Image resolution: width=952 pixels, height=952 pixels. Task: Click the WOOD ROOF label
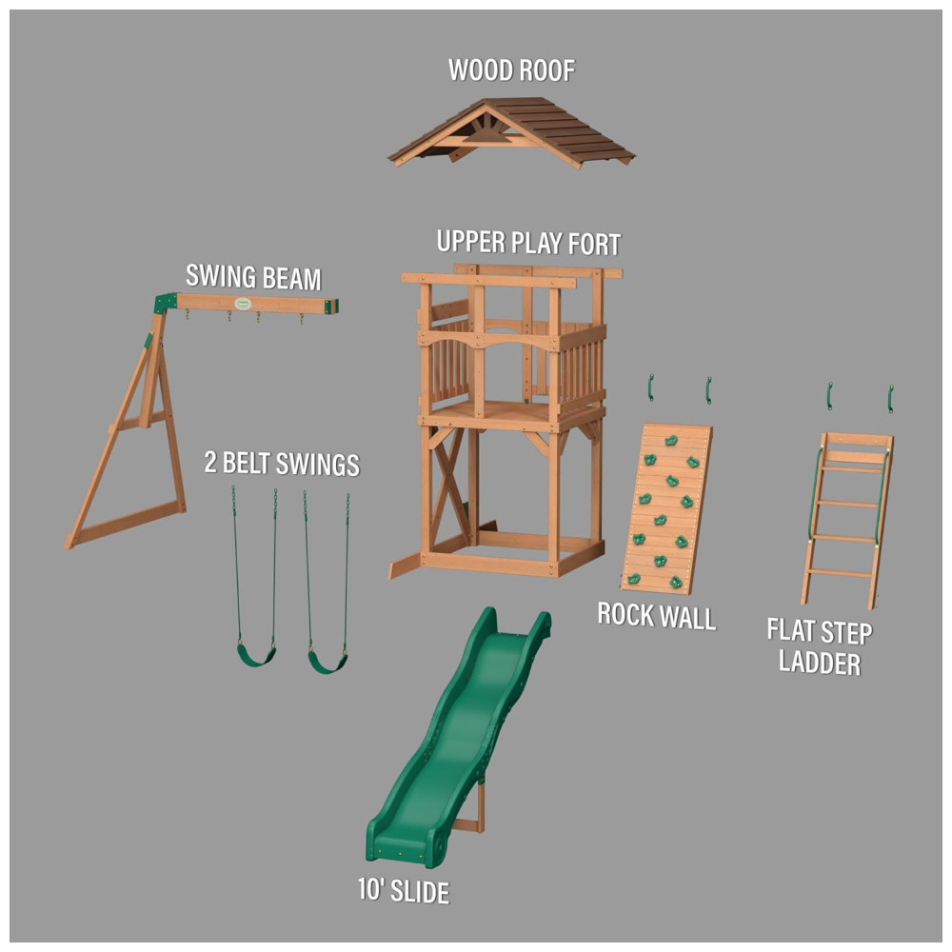tap(511, 70)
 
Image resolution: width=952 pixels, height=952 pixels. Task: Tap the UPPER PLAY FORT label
tap(528, 243)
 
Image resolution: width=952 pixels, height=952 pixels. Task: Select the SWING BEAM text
tap(253, 277)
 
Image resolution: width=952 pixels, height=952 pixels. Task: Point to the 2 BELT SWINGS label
tap(282, 464)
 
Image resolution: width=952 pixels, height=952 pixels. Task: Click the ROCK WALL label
tap(656, 616)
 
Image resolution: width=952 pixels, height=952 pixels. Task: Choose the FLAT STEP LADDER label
tap(820, 646)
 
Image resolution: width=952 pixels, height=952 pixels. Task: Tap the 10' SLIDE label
tap(404, 891)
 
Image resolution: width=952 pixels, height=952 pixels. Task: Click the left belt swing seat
tap(256, 655)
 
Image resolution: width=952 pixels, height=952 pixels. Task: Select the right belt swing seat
tap(327, 662)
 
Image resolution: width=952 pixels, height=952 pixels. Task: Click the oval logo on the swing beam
tap(243, 303)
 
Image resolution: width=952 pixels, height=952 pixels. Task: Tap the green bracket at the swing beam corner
tap(165, 303)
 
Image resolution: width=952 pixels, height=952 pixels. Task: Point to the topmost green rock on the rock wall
tap(671, 441)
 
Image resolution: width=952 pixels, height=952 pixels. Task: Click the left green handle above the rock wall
tap(651, 388)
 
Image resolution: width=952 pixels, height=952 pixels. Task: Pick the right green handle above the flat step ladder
tap(891, 398)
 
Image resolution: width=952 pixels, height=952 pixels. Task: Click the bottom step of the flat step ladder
tap(840, 572)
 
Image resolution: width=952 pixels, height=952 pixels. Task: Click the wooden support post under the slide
tap(481, 807)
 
